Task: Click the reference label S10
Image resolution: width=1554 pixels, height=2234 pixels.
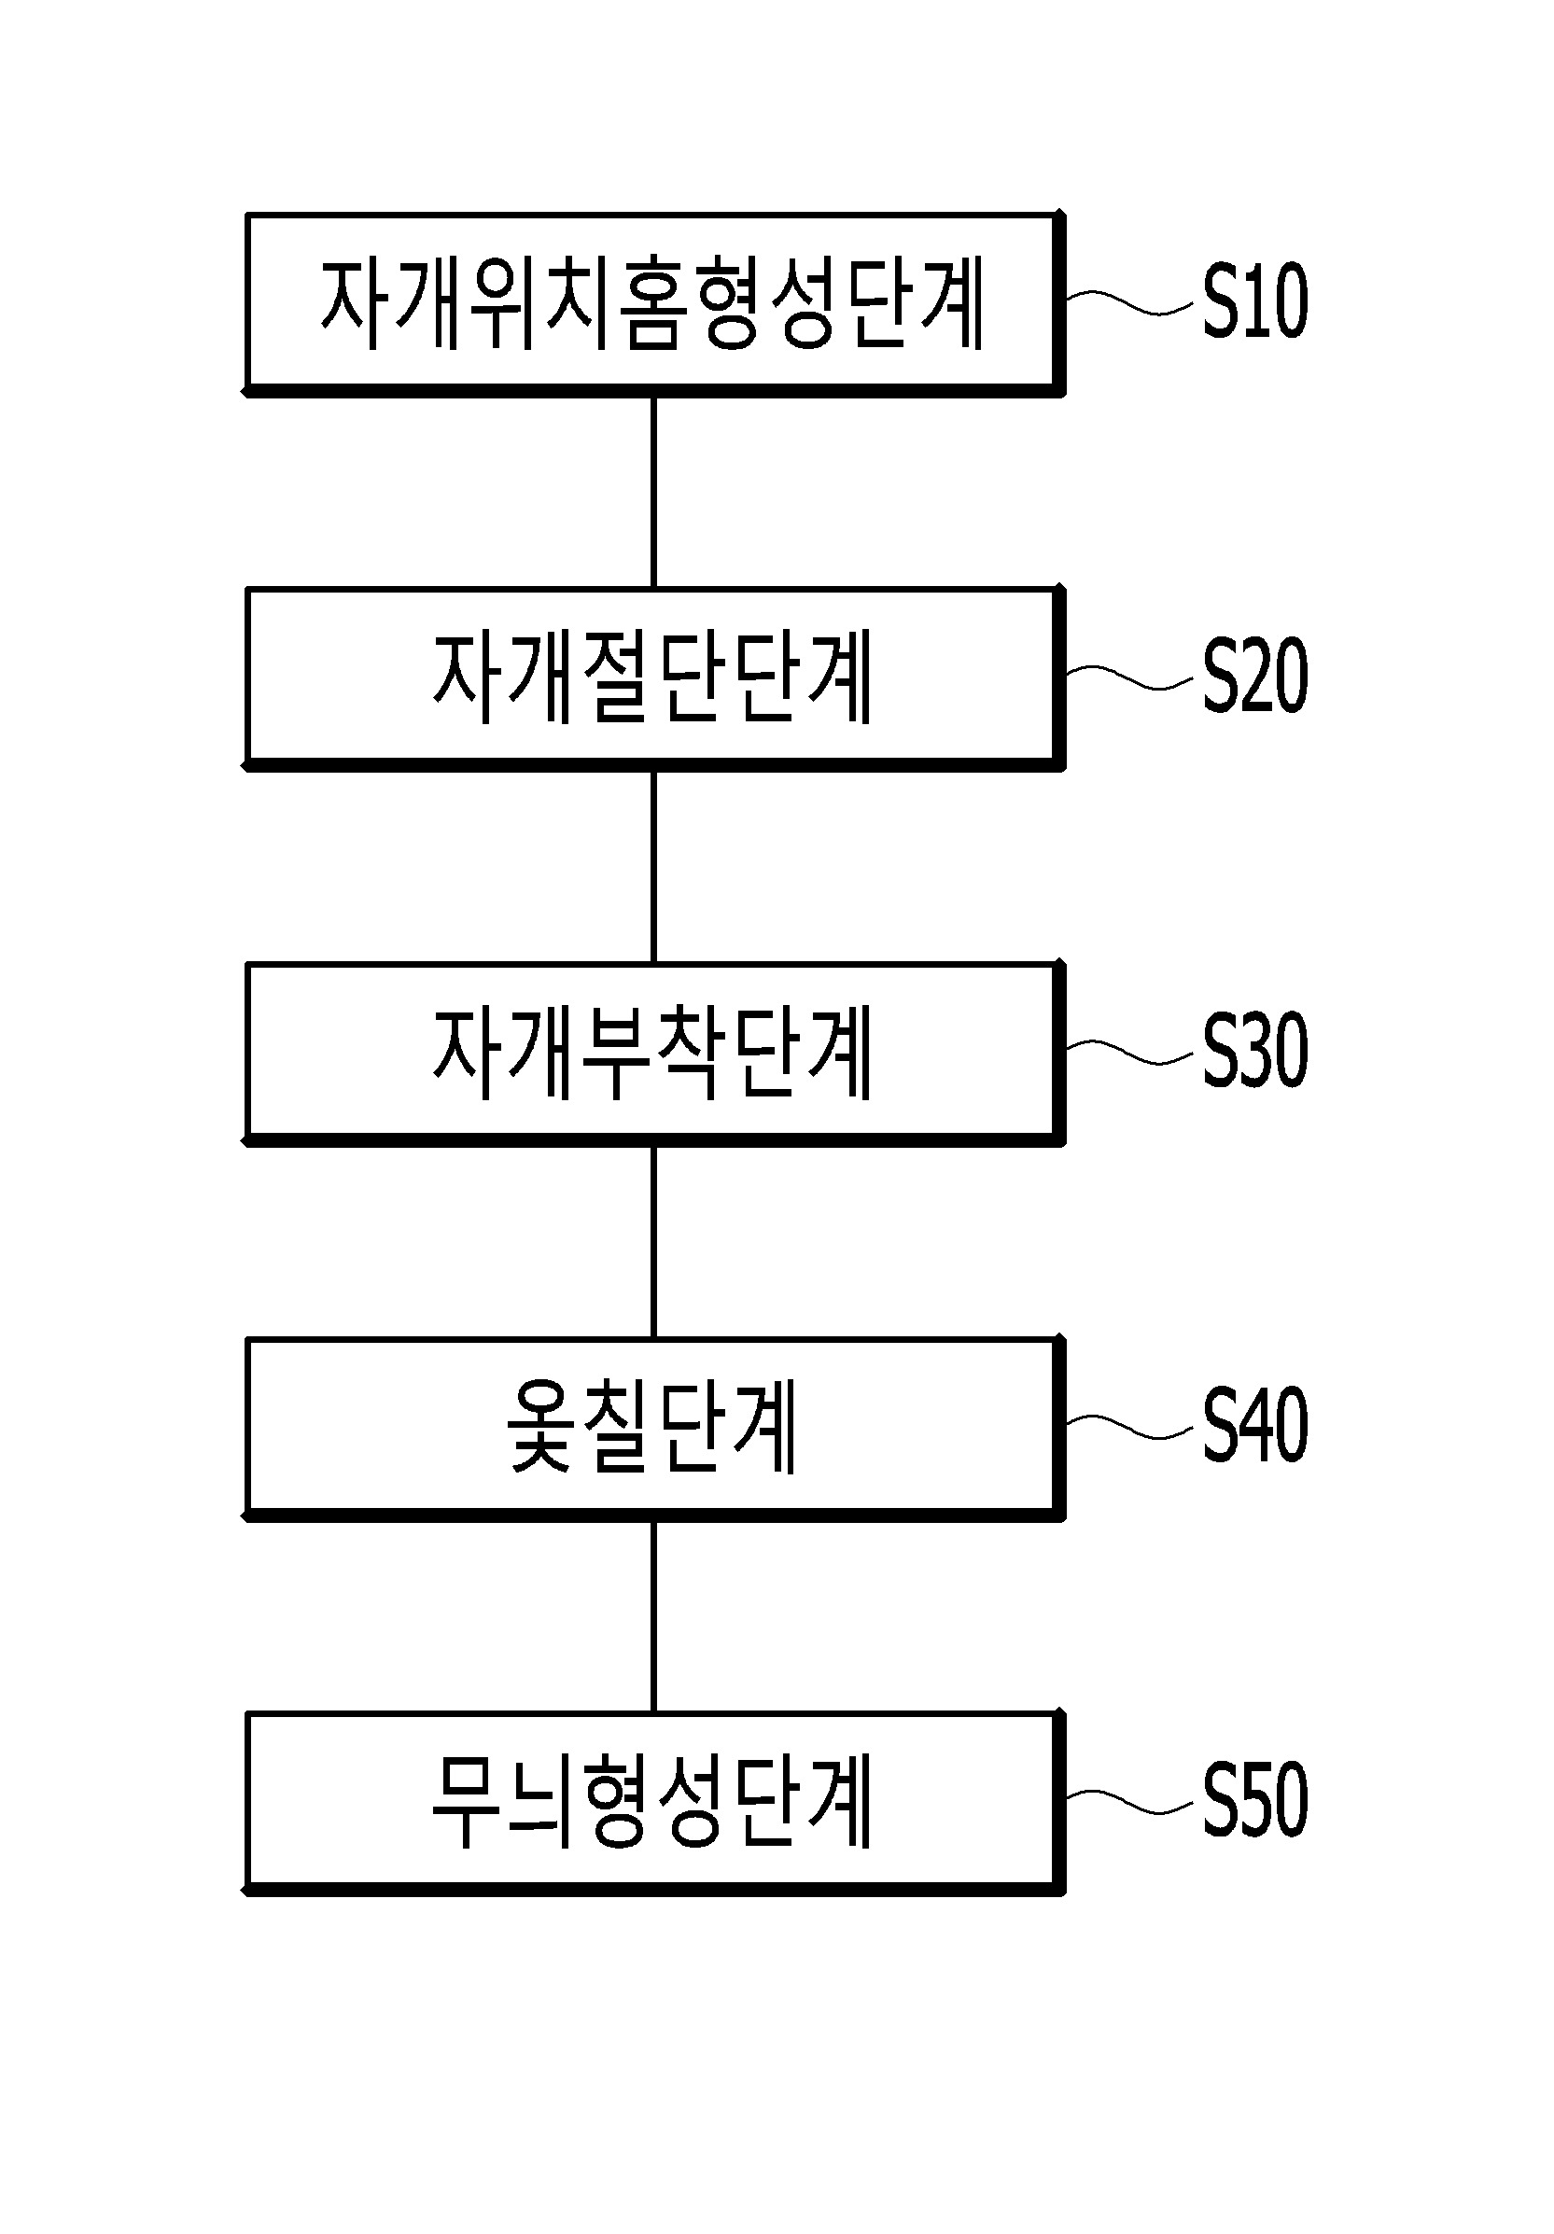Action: pos(1254,301)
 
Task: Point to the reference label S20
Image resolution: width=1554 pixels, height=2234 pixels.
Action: pos(1254,677)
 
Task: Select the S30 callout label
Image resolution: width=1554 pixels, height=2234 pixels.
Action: pos(1254,1051)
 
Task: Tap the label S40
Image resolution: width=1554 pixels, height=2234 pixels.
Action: pos(1254,1426)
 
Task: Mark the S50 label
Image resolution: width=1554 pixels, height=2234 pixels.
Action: pos(1254,1800)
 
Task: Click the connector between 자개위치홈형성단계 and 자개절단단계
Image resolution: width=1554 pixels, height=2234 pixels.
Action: pos(653,492)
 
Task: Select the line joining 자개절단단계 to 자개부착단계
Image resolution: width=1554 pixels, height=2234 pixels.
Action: pos(653,867)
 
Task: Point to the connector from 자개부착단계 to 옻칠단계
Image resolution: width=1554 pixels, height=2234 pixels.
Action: pos(653,1241)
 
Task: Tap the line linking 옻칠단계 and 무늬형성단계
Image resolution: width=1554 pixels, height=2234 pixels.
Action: pos(653,1616)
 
